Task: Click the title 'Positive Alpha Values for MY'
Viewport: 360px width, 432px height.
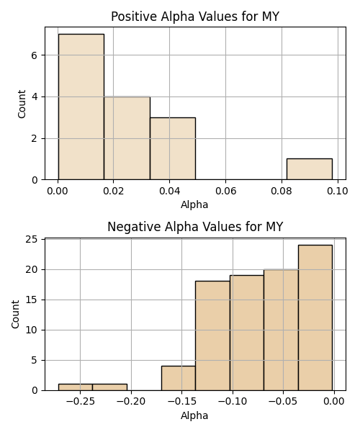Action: pos(195,17)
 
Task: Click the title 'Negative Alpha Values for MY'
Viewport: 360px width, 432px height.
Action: pos(195,227)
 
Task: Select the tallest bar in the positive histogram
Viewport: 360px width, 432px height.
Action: pos(81,107)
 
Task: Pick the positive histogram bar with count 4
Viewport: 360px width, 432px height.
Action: pos(127,138)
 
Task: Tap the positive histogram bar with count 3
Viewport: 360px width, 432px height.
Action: pos(173,148)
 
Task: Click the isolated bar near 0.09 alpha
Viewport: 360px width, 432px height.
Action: pos(310,169)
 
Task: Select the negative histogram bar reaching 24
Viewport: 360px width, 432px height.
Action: pos(315,318)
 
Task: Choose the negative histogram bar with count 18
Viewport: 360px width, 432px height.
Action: pos(212,336)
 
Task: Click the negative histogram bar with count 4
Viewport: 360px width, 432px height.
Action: pos(179,378)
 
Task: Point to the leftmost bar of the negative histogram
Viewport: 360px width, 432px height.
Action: pos(76,387)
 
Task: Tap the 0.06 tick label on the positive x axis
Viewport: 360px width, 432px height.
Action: pos(225,191)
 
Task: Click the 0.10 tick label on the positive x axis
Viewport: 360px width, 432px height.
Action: pos(338,191)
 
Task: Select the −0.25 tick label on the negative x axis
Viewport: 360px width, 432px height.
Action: pos(80,402)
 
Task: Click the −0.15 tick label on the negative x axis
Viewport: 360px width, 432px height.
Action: pos(181,402)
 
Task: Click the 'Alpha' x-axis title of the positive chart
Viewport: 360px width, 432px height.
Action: pos(194,204)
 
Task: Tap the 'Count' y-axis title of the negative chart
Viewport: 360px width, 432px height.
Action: pos(15,314)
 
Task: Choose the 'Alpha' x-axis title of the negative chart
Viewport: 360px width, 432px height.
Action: pos(194,415)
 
